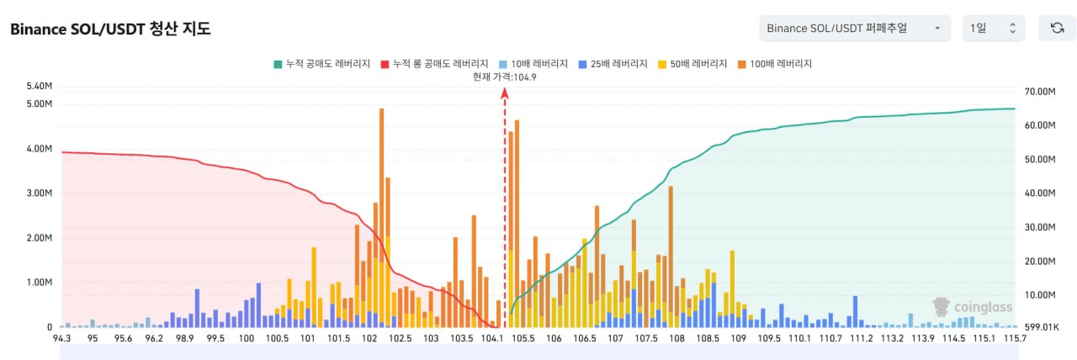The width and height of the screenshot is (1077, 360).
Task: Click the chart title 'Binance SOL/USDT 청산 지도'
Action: click(110, 29)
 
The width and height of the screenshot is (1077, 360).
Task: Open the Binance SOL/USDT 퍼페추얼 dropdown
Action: click(855, 29)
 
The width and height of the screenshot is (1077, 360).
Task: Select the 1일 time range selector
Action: click(994, 29)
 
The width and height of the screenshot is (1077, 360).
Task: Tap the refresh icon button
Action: click(1057, 29)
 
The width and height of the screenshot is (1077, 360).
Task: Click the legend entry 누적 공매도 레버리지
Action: click(322, 64)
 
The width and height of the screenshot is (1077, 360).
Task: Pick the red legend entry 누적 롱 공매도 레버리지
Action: click(435, 64)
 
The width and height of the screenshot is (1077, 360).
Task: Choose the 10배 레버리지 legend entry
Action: click(533, 64)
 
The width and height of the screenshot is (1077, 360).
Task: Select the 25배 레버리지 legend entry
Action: click(613, 64)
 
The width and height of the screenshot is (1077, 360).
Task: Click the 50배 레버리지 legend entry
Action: click(692, 64)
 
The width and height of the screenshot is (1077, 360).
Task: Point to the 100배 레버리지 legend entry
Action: click(775, 64)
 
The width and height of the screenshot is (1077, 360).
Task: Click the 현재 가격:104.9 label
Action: click(504, 77)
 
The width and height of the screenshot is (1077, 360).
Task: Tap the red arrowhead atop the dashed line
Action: click(504, 93)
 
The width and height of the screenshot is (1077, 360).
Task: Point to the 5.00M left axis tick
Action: click(40, 103)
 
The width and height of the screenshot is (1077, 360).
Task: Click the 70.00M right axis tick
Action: click(1040, 92)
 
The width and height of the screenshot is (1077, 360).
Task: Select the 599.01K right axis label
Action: click(1042, 327)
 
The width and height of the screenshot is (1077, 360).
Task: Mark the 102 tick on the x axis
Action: click(369, 338)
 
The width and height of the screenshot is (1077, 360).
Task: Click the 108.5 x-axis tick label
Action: click(708, 338)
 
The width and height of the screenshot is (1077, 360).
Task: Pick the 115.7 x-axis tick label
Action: click(1015, 338)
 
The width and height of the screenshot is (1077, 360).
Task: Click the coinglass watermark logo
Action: click(972, 307)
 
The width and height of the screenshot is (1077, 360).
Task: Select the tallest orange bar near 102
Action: click(382, 217)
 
